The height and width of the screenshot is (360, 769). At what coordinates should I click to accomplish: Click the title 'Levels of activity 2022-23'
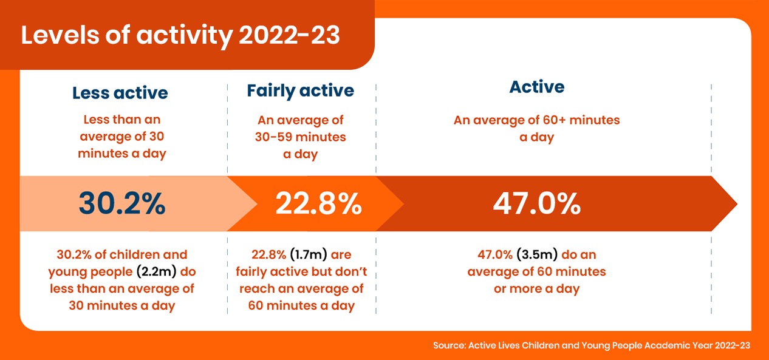[180, 35]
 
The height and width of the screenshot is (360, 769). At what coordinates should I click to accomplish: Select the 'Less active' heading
[120, 93]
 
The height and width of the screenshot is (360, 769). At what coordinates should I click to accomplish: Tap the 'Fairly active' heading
[300, 91]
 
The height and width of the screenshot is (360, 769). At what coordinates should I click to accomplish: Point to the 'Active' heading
[536, 87]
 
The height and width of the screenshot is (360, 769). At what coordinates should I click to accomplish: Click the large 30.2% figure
[121, 205]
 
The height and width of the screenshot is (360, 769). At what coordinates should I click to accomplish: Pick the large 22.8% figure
[318, 205]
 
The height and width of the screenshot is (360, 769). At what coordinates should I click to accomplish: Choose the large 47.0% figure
[536, 205]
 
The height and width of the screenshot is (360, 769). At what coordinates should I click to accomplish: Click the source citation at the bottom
[591, 345]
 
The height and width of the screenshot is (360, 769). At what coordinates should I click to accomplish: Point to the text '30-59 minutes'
[300, 137]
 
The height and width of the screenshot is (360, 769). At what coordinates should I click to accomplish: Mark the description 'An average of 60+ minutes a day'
[536, 129]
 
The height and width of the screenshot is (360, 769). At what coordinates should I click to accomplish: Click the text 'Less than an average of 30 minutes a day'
[121, 137]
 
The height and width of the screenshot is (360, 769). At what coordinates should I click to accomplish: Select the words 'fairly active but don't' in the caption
[301, 271]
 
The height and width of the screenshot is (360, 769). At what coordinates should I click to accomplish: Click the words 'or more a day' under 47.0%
[536, 288]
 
